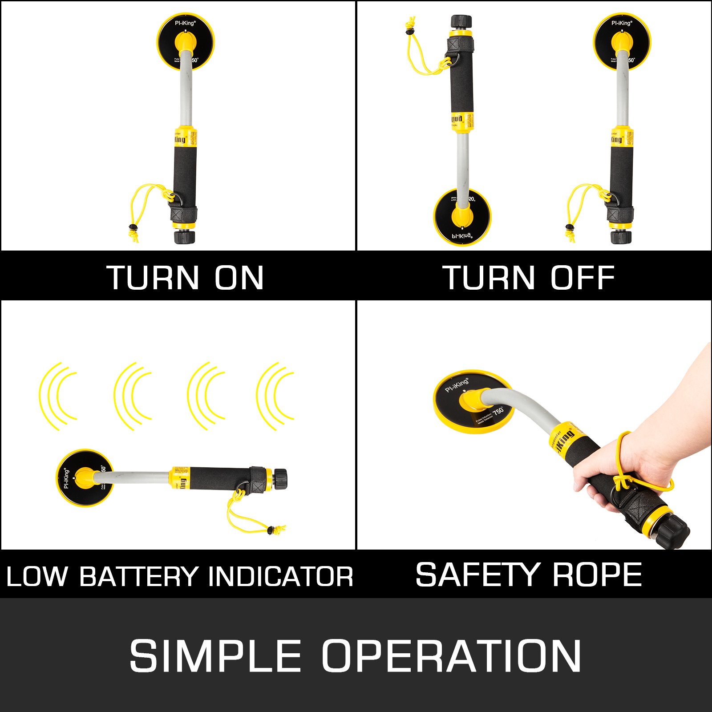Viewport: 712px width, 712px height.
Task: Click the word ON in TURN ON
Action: pos(239,278)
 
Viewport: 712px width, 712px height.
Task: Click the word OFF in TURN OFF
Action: pos(583,278)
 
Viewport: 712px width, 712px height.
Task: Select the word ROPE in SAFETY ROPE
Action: pos(597,575)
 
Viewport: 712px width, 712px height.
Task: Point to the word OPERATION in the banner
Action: pos(451,656)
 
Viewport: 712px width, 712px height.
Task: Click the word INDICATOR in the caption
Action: pos(280,577)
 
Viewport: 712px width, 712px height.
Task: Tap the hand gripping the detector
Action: pos(632,472)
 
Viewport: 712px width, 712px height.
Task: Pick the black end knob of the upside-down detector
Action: pos(461,21)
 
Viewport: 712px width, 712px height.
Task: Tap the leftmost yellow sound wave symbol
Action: pos(58,396)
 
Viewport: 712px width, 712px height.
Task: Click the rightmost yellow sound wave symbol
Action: pos(275,396)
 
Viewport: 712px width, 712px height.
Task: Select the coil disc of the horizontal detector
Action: pos(84,477)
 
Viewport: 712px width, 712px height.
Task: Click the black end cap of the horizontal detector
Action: pos(280,478)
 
